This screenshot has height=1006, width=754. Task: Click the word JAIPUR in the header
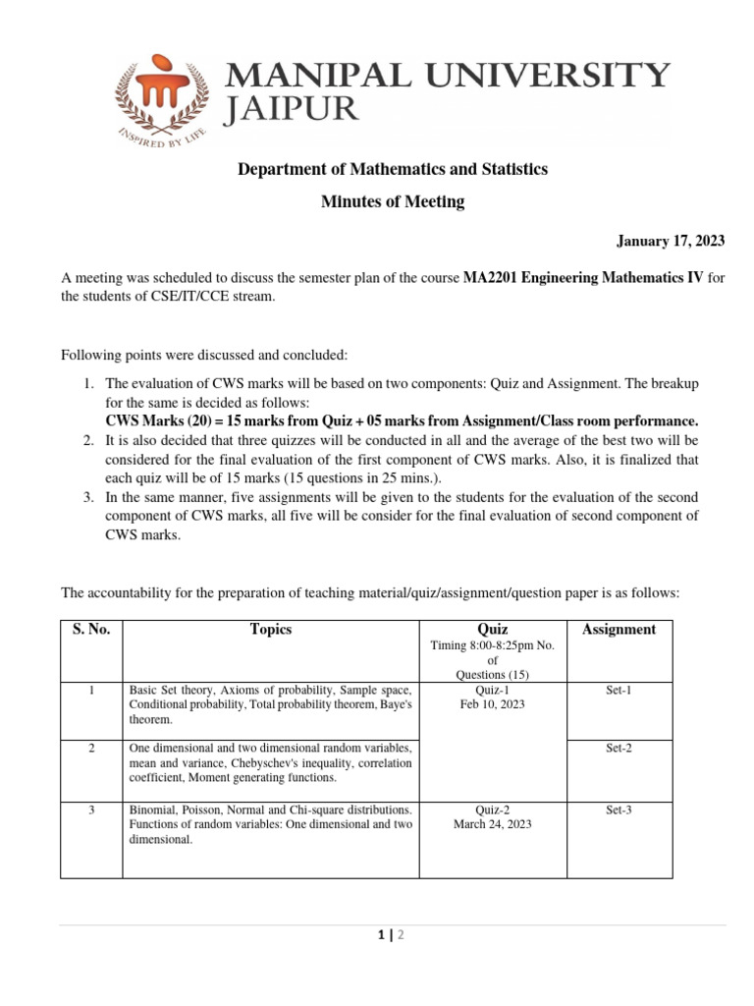(293, 110)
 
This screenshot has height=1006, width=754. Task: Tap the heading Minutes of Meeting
(393, 202)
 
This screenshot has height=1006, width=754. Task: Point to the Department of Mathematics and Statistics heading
(393, 170)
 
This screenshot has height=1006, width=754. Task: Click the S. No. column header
(90, 630)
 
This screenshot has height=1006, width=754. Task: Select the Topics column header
(271, 630)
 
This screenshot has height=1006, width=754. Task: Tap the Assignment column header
(619, 630)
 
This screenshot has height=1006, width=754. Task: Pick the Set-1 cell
(619, 691)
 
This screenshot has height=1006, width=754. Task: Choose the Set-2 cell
(619, 749)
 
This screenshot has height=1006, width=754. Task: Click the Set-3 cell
(619, 810)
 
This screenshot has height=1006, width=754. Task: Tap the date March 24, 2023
(492, 825)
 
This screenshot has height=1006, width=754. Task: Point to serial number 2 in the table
(90, 749)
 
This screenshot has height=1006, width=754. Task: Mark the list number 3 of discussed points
(87, 499)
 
